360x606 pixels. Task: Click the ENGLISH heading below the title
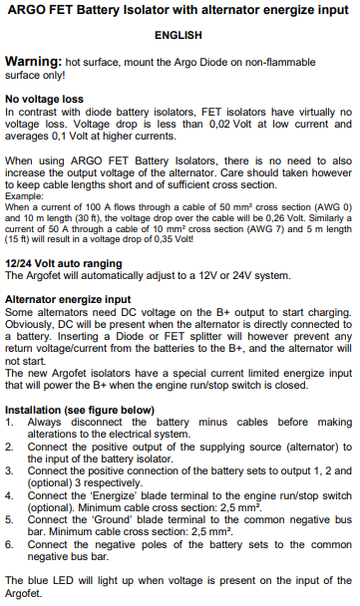pos(179,35)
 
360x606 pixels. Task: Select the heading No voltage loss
pos(48,100)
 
